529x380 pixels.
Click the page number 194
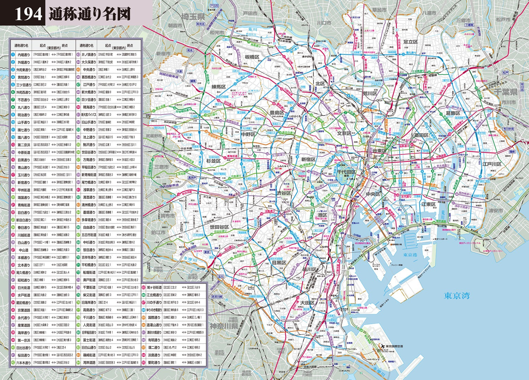click(28, 14)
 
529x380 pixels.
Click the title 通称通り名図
click(90, 14)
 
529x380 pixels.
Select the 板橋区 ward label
click(252, 57)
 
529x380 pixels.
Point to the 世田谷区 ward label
click(219, 227)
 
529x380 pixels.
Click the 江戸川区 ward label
click(492, 164)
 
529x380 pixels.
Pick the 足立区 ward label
click(411, 42)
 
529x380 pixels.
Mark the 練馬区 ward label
click(221, 87)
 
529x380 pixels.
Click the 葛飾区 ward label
click(453, 113)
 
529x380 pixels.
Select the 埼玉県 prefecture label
click(193, 17)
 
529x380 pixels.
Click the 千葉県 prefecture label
click(505, 92)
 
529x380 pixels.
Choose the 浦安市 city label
click(495, 211)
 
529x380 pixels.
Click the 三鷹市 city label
click(162, 167)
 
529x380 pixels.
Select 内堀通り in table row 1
click(24, 55)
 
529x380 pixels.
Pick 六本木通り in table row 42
click(24, 363)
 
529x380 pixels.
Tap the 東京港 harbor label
click(410, 255)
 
